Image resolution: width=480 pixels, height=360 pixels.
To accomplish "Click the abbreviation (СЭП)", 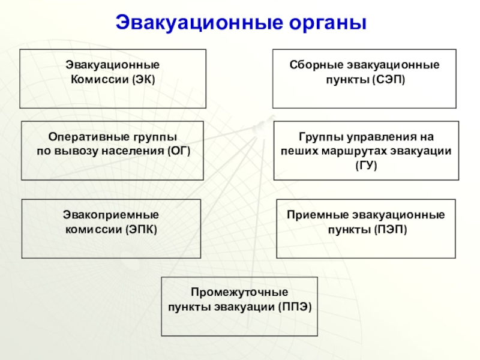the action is pos(389,80).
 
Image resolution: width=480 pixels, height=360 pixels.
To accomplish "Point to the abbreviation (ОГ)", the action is pos(179,151).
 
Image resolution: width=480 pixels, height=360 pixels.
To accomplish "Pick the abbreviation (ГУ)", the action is pos(366,164).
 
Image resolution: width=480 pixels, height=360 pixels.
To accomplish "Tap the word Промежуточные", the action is pos(239,293).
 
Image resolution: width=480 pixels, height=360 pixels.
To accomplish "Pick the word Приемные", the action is pos(316,215).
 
